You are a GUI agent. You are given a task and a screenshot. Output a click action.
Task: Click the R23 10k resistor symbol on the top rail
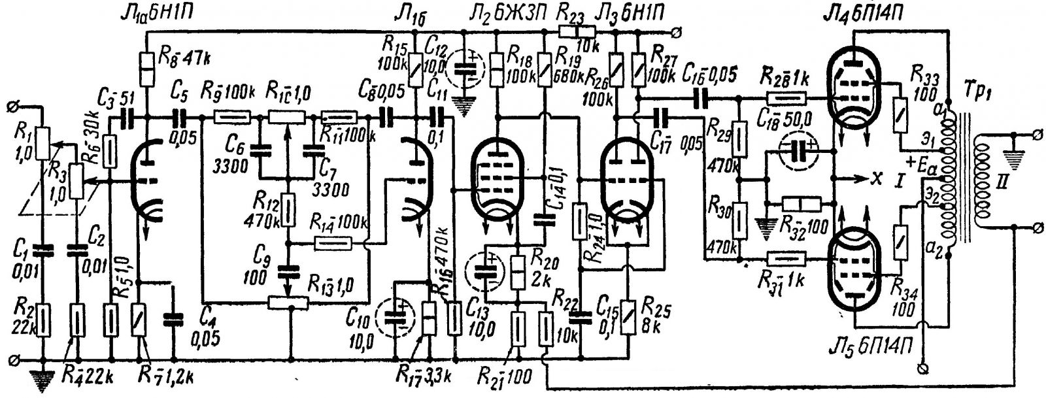tap(575, 31)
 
